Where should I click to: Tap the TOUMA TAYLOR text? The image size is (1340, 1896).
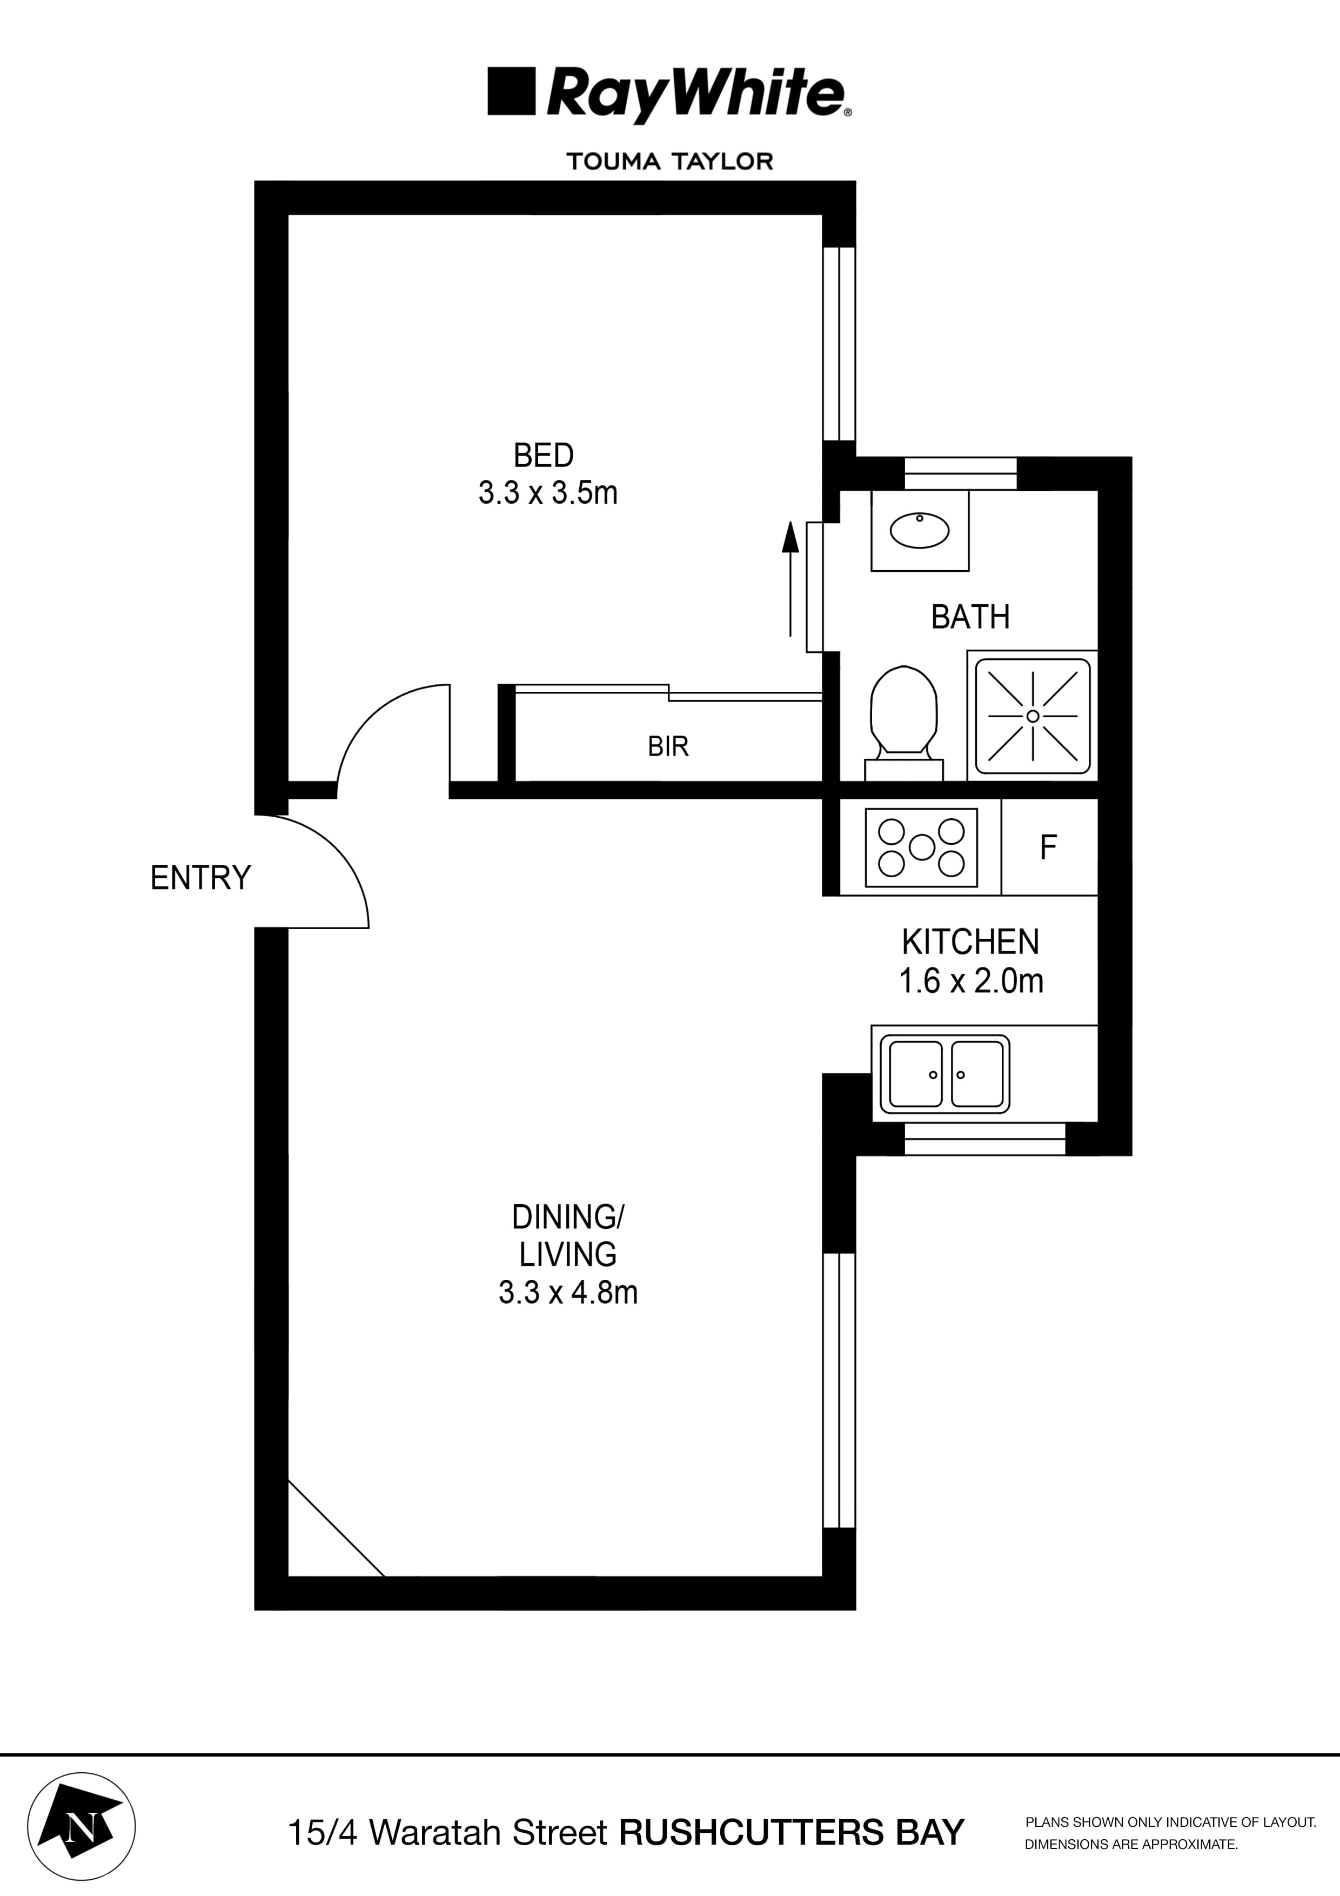point(669,161)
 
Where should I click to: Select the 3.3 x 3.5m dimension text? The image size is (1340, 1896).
point(547,493)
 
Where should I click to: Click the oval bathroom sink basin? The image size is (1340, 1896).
point(919,530)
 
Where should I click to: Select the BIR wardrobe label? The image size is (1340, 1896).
point(668,746)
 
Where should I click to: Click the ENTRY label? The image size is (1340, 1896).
point(200,878)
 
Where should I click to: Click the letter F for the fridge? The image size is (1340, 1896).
point(1048,847)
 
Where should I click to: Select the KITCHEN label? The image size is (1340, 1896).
point(970,942)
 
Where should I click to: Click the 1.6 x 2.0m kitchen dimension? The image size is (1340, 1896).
point(971,981)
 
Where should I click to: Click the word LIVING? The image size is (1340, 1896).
point(567,1254)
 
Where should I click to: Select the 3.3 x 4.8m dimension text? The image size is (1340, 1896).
point(568,1292)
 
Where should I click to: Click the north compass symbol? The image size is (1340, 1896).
point(82,1826)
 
